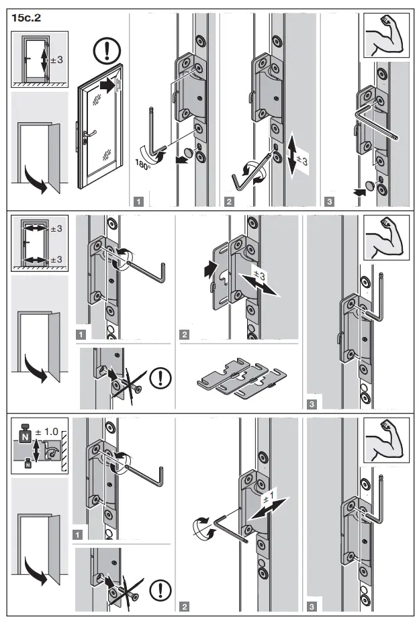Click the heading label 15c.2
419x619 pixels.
25,19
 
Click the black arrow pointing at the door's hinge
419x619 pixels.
107,85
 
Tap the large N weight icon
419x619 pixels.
25,434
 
